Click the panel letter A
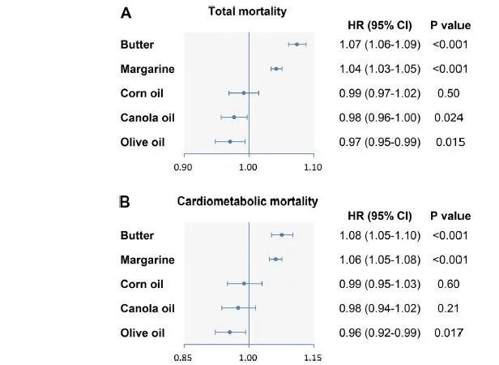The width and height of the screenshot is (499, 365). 126,13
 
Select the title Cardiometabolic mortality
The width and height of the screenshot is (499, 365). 247,200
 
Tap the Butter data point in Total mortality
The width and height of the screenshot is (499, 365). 296,44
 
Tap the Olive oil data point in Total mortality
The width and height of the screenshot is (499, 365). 230,141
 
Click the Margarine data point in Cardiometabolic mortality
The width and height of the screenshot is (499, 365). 275,259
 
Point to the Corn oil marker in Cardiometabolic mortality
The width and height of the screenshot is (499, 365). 244,283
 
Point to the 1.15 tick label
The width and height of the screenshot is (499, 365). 313,356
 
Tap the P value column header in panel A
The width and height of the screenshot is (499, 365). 449,26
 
